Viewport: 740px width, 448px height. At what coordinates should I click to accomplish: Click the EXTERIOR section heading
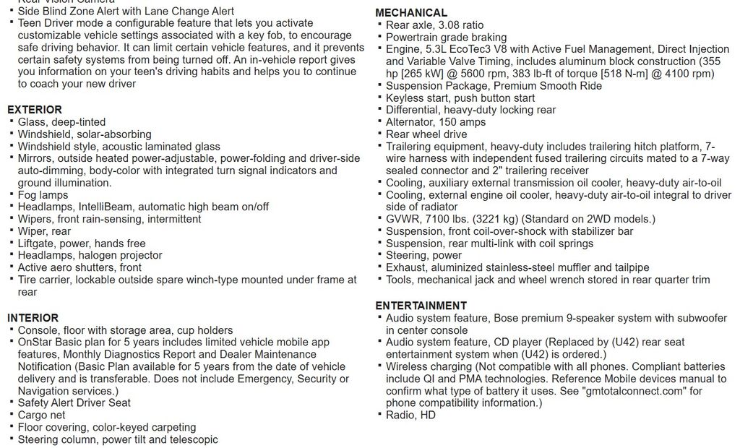[35, 110]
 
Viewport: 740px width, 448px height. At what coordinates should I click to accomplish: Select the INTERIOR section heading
[33, 318]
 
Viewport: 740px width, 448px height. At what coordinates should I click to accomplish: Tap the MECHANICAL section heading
[411, 13]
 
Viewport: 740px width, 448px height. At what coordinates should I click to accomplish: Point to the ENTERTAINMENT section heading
[421, 306]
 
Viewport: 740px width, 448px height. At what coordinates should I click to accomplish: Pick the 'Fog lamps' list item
[43, 195]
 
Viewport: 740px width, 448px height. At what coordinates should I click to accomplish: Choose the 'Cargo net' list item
[41, 415]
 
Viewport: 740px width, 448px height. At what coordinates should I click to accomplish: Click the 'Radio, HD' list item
[410, 415]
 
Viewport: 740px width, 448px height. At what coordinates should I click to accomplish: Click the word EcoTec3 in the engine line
[481, 50]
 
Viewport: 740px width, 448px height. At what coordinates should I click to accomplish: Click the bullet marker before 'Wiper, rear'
[12, 231]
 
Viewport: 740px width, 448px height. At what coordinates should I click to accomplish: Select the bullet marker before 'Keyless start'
[379, 98]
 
